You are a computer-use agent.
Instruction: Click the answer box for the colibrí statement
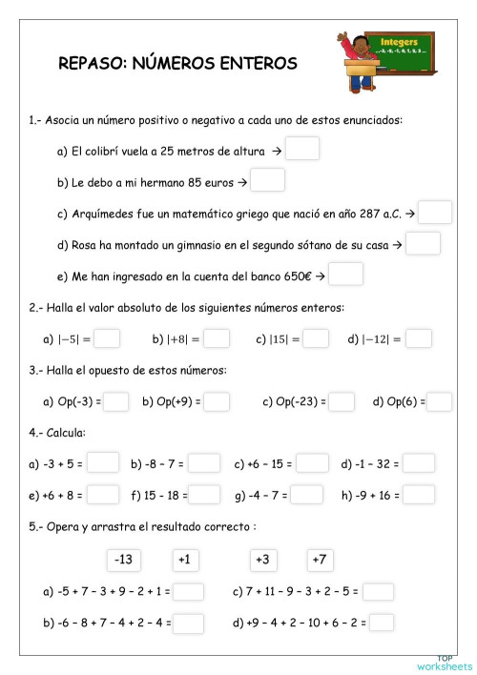click(302, 149)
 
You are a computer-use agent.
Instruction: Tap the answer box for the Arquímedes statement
click(434, 212)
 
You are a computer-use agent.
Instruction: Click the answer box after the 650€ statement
click(346, 275)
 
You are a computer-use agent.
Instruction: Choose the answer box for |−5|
click(107, 338)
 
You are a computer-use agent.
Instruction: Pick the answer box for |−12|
click(419, 338)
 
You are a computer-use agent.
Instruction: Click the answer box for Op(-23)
click(342, 401)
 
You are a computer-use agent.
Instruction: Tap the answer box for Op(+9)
click(217, 401)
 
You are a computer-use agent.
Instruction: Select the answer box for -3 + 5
click(103, 463)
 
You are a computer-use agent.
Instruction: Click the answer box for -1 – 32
click(419, 463)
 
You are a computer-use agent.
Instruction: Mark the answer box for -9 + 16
click(419, 495)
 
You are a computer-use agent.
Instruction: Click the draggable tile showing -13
click(123, 558)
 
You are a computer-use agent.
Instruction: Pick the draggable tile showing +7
click(320, 558)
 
